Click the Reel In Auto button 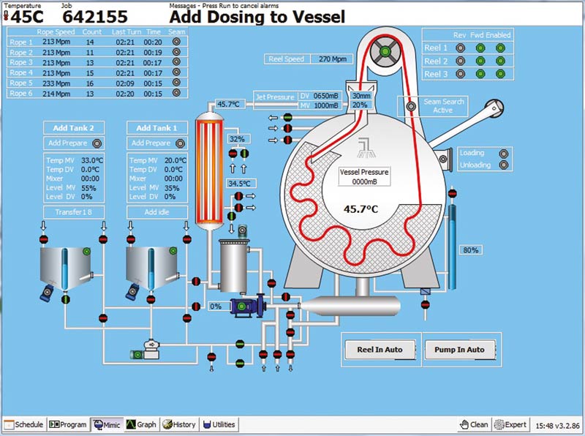[x=380, y=350]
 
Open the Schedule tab [x=25, y=424]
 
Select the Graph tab [x=141, y=424]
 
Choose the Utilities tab [x=219, y=424]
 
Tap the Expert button [x=510, y=425]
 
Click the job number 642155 [x=95, y=17]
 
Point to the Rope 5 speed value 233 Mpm [x=56, y=83]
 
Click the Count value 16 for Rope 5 [x=90, y=83]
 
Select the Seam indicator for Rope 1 [x=176, y=42]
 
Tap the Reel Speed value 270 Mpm [x=333, y=59]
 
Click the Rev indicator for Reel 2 [x=461, y=61]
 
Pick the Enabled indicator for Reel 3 [x=500, y=74]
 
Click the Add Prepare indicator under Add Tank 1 [x=180, y=143]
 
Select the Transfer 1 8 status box [x=74, y=212]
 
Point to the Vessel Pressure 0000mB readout [x=364, y=176]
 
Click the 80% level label [x=470, y=250]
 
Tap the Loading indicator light [x=504, y=154]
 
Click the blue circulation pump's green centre [x=242, y=307]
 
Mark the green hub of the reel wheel [x=385, y=51]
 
